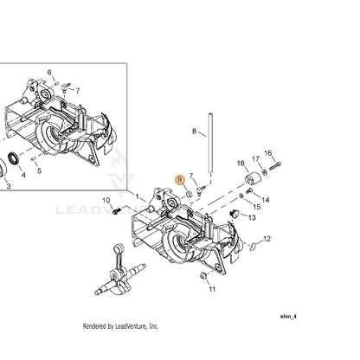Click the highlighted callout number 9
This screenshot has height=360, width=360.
tap(180, 180)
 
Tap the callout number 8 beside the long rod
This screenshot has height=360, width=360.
tap(194, 132)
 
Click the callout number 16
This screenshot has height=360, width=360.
tap(268, 153)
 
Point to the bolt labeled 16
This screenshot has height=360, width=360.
tap(275, 166)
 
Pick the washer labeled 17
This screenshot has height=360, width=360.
tap(264, 172)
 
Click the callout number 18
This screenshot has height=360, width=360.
tap(241, 164)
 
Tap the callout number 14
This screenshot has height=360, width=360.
tap(266, 200)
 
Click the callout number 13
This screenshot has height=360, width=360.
tap(252, 217)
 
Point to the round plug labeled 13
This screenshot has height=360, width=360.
tap(235, 214)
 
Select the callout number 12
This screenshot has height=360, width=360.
tap(267, 239)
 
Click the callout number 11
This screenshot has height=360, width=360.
tap(212, 289)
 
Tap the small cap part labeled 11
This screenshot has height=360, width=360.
tap(204, 275)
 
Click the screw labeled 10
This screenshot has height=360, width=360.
tap(116, 211)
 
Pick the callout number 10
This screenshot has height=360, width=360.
tap(106, 200)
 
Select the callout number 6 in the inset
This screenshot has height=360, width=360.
tap(49, 72)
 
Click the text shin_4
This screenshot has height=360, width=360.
tap(288, 317)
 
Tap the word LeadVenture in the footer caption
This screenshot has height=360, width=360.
tap(131, 326)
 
